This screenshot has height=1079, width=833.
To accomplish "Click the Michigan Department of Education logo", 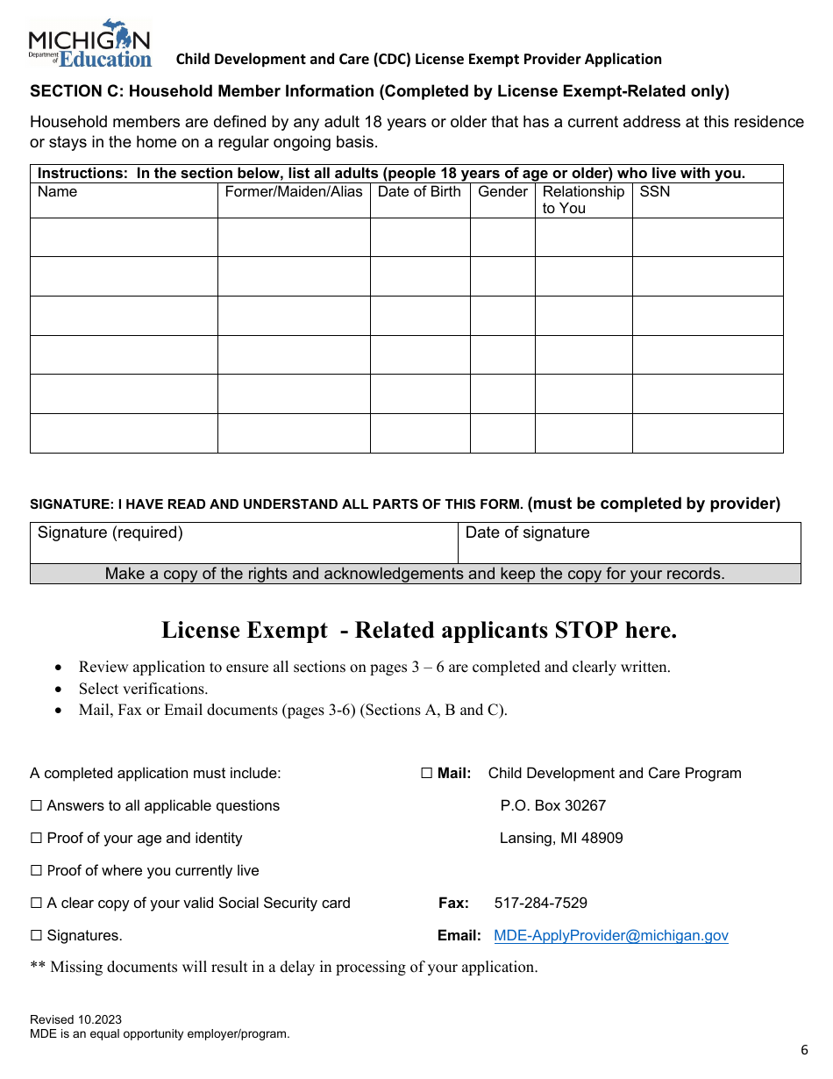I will [x=89, y=44].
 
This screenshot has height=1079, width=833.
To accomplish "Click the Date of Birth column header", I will [x=419, y=192].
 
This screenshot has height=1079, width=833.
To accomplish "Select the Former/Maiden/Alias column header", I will [x=293, y=192].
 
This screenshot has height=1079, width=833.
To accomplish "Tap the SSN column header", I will [x=654, y=192].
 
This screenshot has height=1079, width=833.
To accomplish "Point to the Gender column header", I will [x=502, y=192].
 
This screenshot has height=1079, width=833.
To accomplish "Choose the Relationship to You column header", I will [x=582, y=200].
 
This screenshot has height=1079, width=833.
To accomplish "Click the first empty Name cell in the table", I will [x=124, y=238].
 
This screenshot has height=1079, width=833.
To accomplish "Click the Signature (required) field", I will [x=244, y=543].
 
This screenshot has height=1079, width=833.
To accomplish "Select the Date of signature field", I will [x=629, y=543].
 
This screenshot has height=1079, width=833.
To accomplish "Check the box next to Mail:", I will [x=427, y=774].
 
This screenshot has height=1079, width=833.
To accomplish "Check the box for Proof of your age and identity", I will [x=37, y=839].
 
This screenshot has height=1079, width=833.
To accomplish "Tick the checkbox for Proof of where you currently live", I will [x=37, y=871].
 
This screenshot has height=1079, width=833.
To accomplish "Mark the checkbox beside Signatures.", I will [x=37, y=936].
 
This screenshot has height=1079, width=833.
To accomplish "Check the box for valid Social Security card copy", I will [x=37, y=904].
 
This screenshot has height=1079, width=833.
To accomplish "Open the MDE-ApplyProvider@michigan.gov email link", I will [x=610, y=936].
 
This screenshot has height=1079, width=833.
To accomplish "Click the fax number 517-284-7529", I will [x=540, y=904].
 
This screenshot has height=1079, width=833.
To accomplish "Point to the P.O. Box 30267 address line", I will [x=552, y=806].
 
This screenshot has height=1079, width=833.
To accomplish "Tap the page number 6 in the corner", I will [x=804, y=1051].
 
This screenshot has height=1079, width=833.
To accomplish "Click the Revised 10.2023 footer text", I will [x=75, y=1020].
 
